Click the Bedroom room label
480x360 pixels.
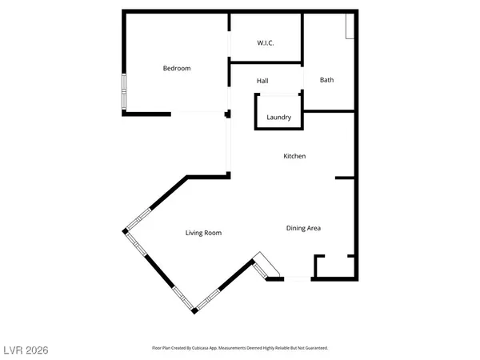(x=177, y=69)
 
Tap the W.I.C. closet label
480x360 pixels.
(x=266, y=43)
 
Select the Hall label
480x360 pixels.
(x=262, y=82)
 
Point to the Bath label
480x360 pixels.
(x=326, y=80)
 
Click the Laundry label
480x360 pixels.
(x=278, y=118)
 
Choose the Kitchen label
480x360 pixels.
(x=294, y=157)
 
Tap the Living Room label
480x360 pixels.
(x=203, y=234)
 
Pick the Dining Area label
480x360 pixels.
(x=303, y=229)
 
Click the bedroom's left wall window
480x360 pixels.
(x=123, y=91)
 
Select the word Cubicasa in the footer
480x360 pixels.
(x=214, y=349)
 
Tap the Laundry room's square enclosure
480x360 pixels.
(x=278, y=111)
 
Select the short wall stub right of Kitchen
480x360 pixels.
(x=345, y=178)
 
